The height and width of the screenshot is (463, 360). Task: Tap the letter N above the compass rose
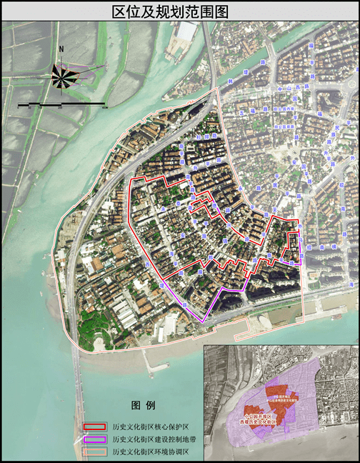click(62, 49)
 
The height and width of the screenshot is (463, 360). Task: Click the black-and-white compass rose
click(64, 74)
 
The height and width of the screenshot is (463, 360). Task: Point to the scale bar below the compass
click(63, 106)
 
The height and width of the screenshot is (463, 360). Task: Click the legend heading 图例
click(143, 405)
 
